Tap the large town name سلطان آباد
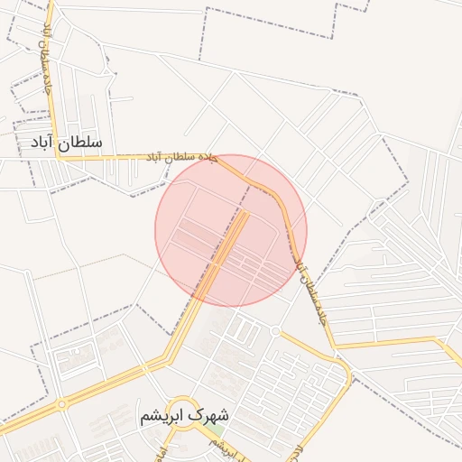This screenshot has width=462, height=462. coord(67,143)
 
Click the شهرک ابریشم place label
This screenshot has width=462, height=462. coord(184,416)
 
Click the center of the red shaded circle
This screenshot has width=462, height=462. coord(231,230)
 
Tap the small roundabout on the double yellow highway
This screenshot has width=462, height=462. coord(61,404)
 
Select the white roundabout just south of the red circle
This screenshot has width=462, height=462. coord(275,331)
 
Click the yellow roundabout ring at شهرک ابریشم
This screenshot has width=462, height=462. coord(184,416)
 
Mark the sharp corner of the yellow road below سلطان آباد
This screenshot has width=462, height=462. coord(59,157)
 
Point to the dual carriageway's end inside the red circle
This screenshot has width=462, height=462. coord(245,212)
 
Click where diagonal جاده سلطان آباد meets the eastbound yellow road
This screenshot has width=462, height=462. coord(334,345)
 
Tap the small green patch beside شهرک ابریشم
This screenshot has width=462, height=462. coord(216,430)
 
